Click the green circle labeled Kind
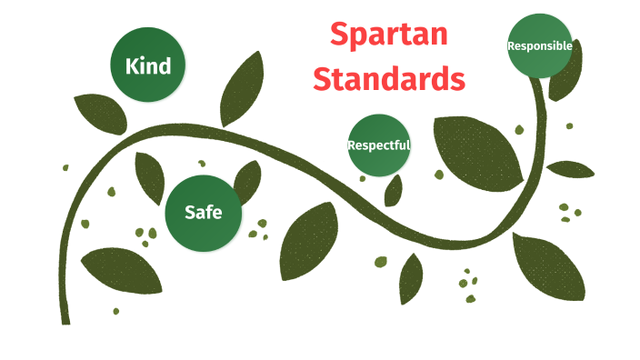pyautogui.click(x=147, y=65)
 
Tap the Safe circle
pyautogui.click(x=202, y=213)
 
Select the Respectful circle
pyautogui.click(x=379, y=145)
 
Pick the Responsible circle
pyautogui.click(x=540, y=45)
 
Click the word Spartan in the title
pyautogui.click(x=389, y=35)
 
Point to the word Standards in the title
pyautogui.click(x=389, y=78)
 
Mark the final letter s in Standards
pyautogui.click(x=457, y=79)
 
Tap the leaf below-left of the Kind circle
pyautogui.click(x=99, y=112)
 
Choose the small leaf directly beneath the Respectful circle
pyautogui.click(x=394, y=190)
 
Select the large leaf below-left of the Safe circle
pyautogui.click(x=115, y=269)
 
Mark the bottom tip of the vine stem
pyautogui.click(x=65, y=320)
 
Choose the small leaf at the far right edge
pyautogui.click(x=571, y=169)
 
